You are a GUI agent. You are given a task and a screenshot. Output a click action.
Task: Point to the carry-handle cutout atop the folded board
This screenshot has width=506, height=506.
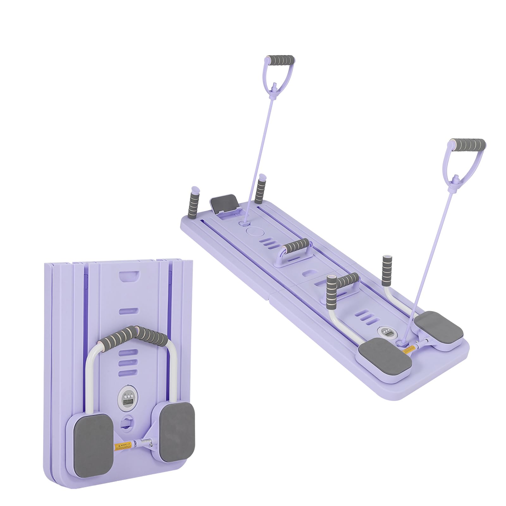click(x=129, y=276)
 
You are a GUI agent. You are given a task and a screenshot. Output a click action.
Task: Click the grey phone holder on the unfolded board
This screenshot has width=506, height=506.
click(x=224, y=204)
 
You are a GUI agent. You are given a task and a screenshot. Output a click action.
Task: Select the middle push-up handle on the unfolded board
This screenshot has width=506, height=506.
click(x=296, y=245)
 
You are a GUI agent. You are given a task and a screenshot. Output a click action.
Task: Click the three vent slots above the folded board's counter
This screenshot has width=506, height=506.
click(x=128, y=362)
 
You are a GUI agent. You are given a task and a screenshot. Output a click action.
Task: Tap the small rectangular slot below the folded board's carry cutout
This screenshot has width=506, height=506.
click(x=128, y=311)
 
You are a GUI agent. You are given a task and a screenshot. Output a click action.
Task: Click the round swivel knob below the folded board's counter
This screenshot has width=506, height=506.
click(x=128, y=423)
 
